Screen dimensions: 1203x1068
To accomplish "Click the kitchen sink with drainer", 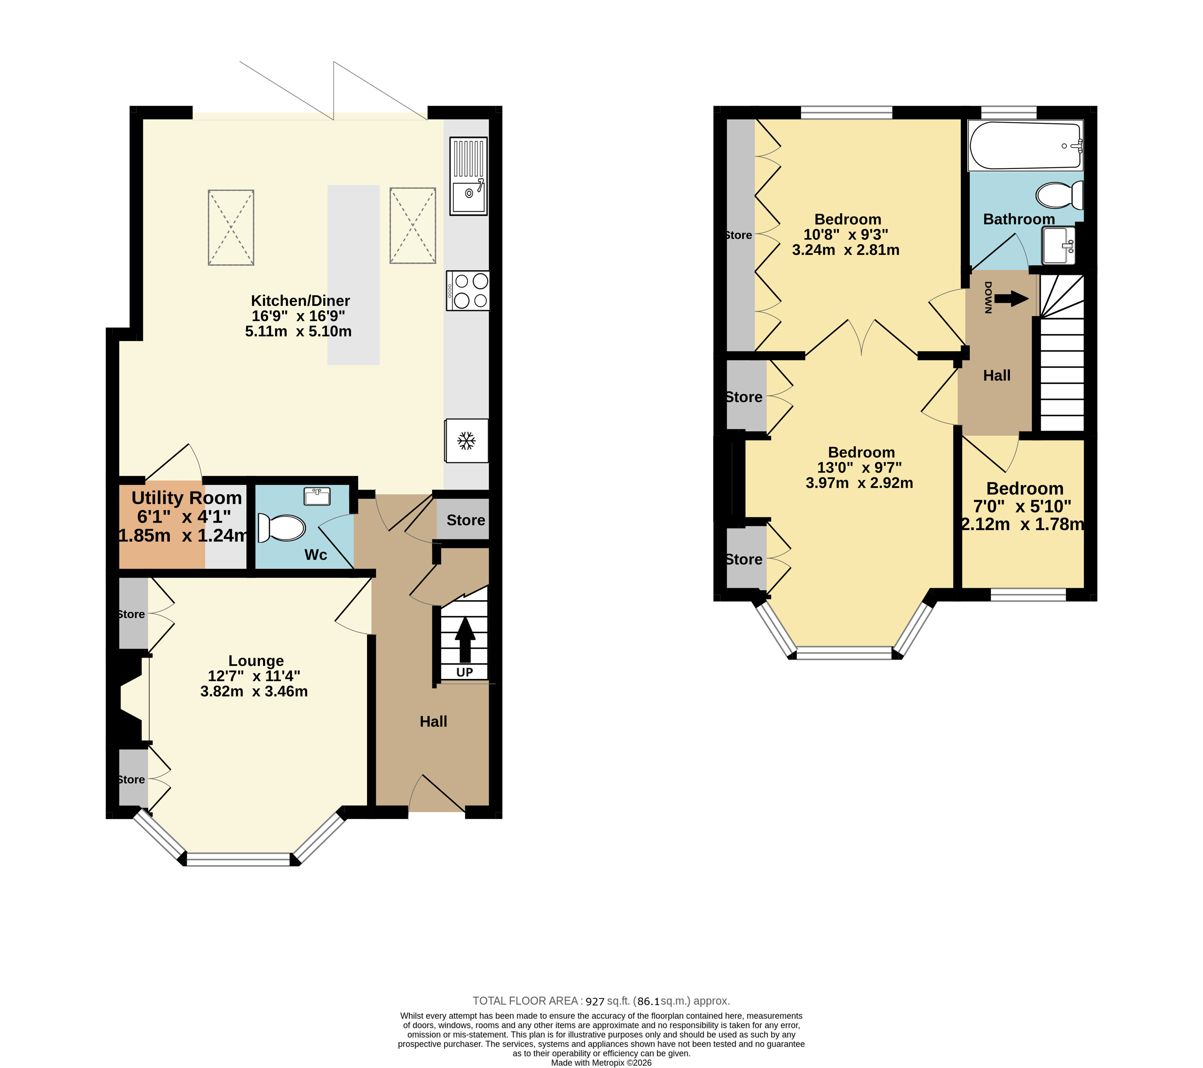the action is [x=469, y=176].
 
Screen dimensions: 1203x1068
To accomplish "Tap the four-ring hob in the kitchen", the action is [x=468, y=290].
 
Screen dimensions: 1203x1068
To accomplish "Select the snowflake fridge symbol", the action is [x=467, y=441].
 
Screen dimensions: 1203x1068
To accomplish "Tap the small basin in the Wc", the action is [x=317, y=496].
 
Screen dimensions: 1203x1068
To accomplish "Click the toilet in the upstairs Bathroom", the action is [x=1059, y=195].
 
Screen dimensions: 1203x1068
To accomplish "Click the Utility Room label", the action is [x=187, y=498].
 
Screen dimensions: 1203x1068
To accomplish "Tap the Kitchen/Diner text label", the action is [x=300, y=301].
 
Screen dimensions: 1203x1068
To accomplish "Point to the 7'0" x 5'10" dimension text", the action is [x=1022, y=506].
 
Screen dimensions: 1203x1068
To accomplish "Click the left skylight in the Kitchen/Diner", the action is [x=231, y=227].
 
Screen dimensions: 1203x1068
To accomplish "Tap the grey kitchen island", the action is [x=353, y=275].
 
